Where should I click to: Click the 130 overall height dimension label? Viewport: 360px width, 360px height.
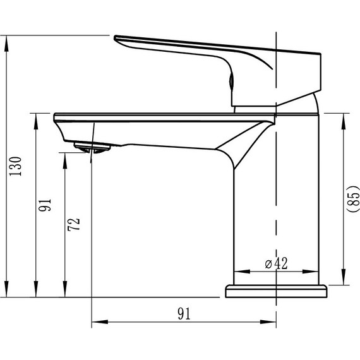pos(15,166)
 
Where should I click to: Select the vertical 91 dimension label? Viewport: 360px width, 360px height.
pos(45,205)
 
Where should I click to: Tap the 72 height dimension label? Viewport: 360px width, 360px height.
pos(74,224)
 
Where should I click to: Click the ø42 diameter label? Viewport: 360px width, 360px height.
pos(276,263)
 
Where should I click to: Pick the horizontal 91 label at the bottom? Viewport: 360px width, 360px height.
pos(184,314)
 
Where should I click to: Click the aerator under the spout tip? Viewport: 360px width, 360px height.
pos(92,147)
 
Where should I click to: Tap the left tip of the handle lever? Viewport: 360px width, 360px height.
pos(114,37)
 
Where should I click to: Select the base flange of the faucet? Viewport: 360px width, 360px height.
pos(276,291)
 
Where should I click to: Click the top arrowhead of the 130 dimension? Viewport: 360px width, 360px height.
pos(6,44)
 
